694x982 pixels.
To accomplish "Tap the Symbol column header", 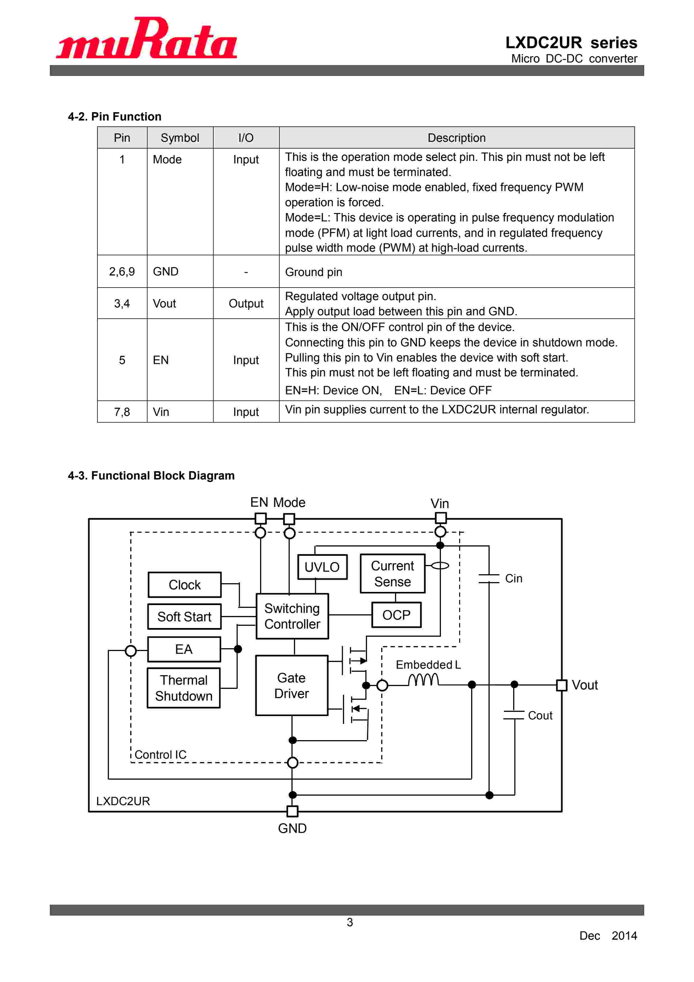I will (x=180, y=138).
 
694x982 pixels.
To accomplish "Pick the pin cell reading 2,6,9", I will (x=122, y=272).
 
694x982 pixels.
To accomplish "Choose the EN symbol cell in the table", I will (x=180, y=360).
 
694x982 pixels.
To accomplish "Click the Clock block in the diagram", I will (x=184, y=585).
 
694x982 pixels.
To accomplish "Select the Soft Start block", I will (x=184, y=617).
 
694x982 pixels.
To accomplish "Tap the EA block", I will (x=184, y=649).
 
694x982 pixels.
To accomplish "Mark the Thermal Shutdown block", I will (x=184, y=688).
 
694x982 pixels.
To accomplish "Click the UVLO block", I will (x=322, y=567).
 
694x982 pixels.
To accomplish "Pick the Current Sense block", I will (x=392, y=574).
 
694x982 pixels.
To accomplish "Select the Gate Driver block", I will (x=291, y=685).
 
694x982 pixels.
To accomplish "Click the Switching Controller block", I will (x=292, y=616).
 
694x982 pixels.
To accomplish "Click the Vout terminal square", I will (x=562, y=685).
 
